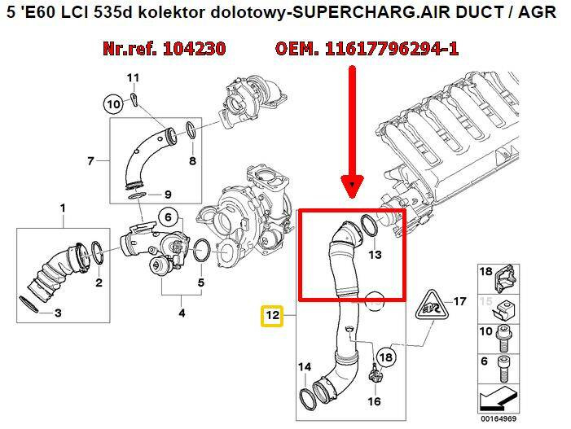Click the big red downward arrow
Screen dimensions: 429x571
tap(352, 130)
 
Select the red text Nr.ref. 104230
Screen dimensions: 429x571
tap(164, 50)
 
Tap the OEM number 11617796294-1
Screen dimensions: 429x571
tap(368, 50)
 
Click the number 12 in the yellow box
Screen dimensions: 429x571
tap(271, 314)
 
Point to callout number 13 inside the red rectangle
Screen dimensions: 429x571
tap(375, 255)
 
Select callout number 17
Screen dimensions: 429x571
tap(459, 302)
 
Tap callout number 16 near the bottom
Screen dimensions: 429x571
tap(374, 401)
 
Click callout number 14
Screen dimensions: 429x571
tap(304, 368)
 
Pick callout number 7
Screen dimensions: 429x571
tap(90, 161)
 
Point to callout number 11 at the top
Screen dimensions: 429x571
tap(134, 78)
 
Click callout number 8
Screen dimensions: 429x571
tap(192, 161)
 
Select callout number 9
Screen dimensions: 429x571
tap(167, 194)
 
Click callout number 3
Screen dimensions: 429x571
tap(58, 312)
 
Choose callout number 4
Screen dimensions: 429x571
tap(182, 313)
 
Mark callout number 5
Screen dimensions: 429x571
tap(200, 283)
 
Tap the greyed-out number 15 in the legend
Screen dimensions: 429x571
tap(485, 301)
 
